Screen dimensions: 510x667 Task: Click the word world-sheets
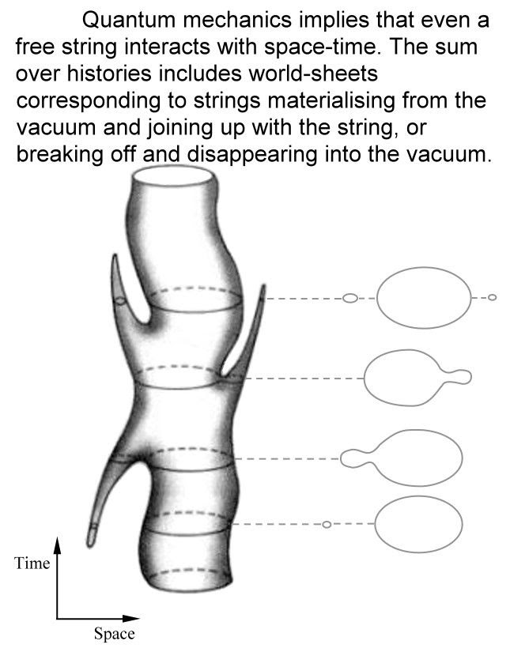[x=313, y=73]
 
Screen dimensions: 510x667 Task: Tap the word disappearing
[x=252, y=155]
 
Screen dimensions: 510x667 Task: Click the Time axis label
[x=32, y=563]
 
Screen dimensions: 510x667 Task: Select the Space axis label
[x=114, y=634]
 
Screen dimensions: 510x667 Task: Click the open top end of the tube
[x=174, y=175]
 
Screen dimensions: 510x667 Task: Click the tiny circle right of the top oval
[x=492, y=297]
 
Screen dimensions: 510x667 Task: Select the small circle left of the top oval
[x=350, y=298]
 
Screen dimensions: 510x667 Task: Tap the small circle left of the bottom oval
[x=326, y=525]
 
